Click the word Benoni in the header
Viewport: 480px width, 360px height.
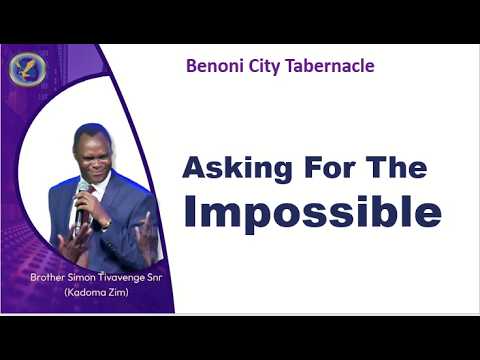point(213,67)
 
